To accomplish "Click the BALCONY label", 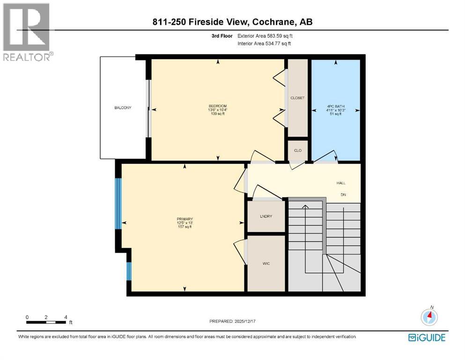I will [x=123, y=108].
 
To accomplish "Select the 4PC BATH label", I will [x=335, y=106].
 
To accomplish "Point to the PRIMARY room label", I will [x=185, y=219].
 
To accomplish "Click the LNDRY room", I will [x=266, y=216].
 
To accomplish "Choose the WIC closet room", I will [x=266, y=263].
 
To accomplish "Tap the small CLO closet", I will [x=297, y=150].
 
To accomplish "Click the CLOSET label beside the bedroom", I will [x=297, y=98].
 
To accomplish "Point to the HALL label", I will [x=340, y=183].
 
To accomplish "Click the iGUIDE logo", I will [x=427, y=337].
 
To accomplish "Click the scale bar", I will [x=46, y=322].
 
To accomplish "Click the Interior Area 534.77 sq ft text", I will [x=265, y=44].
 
